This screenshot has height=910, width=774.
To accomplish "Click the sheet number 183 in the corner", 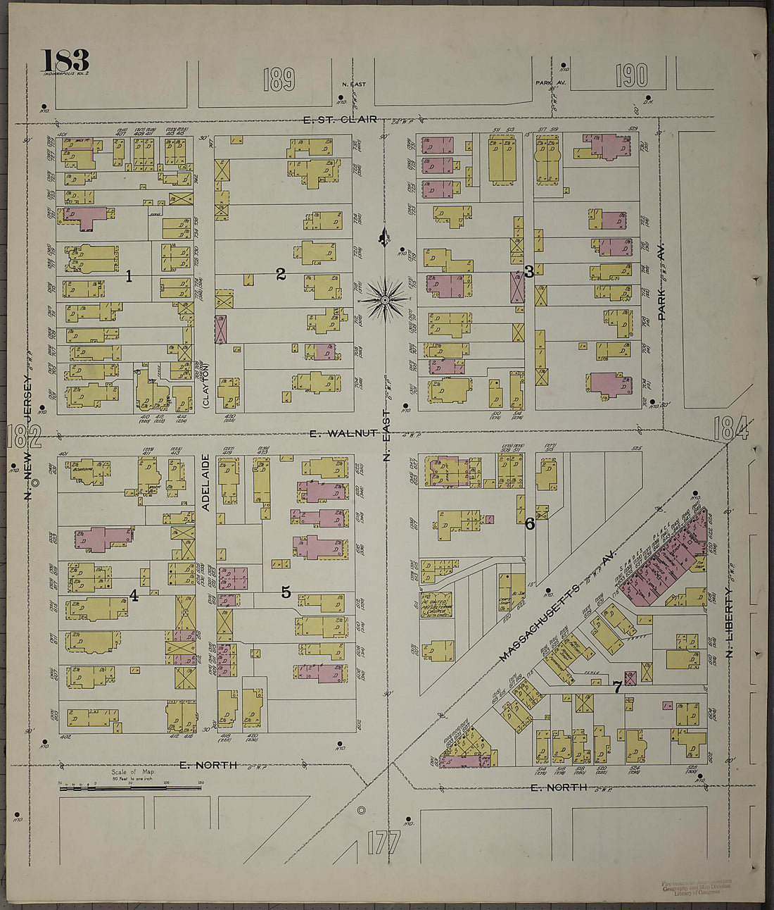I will (65, 60).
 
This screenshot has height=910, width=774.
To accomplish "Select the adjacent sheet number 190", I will (631, 75).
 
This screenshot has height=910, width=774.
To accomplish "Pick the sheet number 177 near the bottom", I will (383, 842).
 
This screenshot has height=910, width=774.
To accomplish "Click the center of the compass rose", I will (385, 300).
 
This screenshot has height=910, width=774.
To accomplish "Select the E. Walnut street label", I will (345, 433).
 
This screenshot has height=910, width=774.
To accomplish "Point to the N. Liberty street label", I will (730, 623).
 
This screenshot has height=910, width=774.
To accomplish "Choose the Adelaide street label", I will (205, 482).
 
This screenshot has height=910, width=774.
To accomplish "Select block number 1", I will (129, 276).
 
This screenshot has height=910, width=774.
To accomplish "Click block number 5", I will (286, 592).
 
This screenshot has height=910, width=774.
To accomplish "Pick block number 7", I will (616, 687).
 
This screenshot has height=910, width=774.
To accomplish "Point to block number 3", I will (528, 273).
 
